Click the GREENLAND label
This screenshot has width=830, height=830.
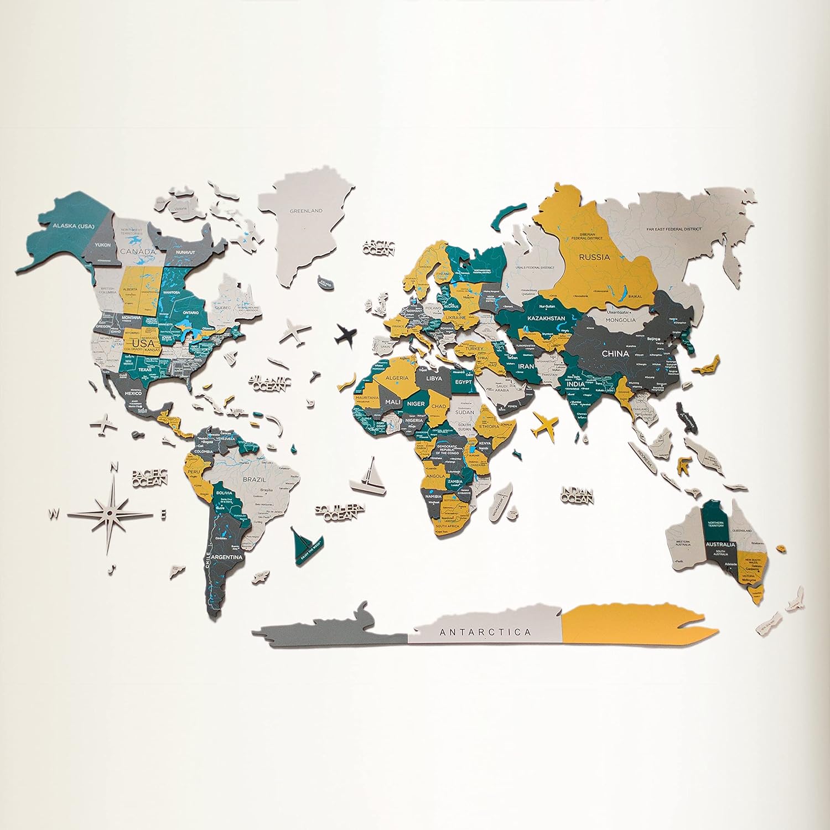pyautogui.click(x=307, y=211)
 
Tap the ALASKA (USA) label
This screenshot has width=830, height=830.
pyautogui.click(x=74, y=226)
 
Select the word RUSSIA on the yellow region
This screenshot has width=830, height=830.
pyautogui.click(x=594, y=257)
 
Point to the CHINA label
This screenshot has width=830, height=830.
pyautogui.click(x=615, y=353)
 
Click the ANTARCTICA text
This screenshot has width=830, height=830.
pyautogui.click(x=485, y=632)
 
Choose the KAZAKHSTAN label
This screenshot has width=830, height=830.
pyautogui.click(x=546, y=319)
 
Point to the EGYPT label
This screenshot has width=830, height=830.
pyautogui.click(x=463, y=382)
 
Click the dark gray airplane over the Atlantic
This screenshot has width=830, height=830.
pyautogui.click(x=346, y=334)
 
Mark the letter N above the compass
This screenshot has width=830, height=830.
pyautogui.click(x=115, y=466)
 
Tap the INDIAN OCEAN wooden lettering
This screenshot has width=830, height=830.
pyautogui.click(x=577, y=495)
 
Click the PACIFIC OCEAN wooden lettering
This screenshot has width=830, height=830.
pyautogui.click(x=149, y=478)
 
